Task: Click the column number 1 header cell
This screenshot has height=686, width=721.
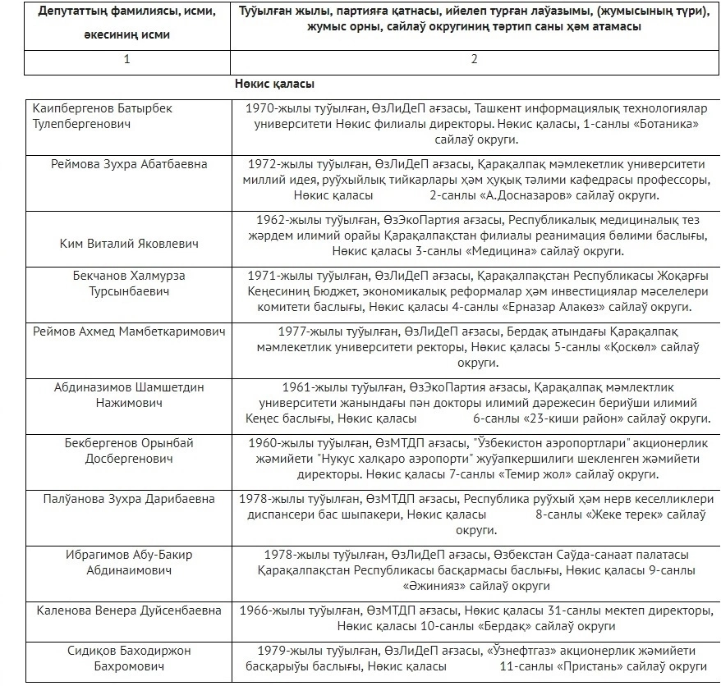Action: [x=126, y=61]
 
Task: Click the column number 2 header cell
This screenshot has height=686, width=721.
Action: [x=474, y=61]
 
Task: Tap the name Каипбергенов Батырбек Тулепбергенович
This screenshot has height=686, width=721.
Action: [x=103, y=116]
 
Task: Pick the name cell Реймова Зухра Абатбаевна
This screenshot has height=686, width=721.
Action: [x=127, y=164]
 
